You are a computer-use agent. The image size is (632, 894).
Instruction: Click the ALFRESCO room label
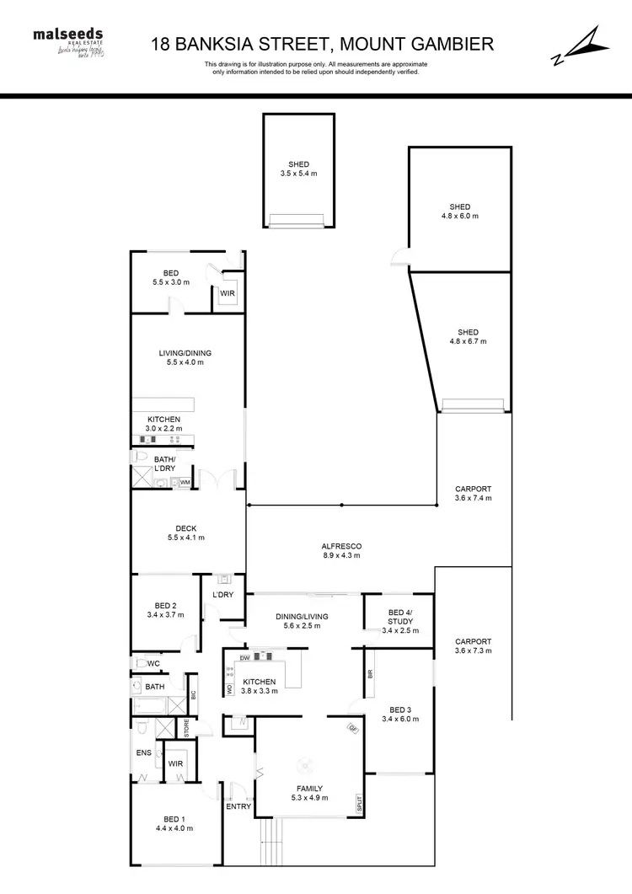pyautogui.click(x=342, y=551)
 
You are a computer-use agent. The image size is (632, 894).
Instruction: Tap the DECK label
pyautogui.click(x=185, y=533)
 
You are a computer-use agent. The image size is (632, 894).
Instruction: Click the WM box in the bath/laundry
pyautogui.click(x=185, y=482)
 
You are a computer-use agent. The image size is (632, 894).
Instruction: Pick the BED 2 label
pyautogui.click(x=165, y=610)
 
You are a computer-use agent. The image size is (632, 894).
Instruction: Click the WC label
pyautogui.click(x=153, y=664)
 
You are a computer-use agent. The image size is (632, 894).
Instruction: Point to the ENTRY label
pyautogui.click(x=238, y=806)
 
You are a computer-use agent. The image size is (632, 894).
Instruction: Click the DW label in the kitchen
pyautogui.click(x=244, y=656)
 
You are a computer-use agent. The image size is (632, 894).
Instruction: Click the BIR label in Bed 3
pyautogui.click(x=370, y=674)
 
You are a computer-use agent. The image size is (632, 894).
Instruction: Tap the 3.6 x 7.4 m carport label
pyautogui.click(x=473, y=494)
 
